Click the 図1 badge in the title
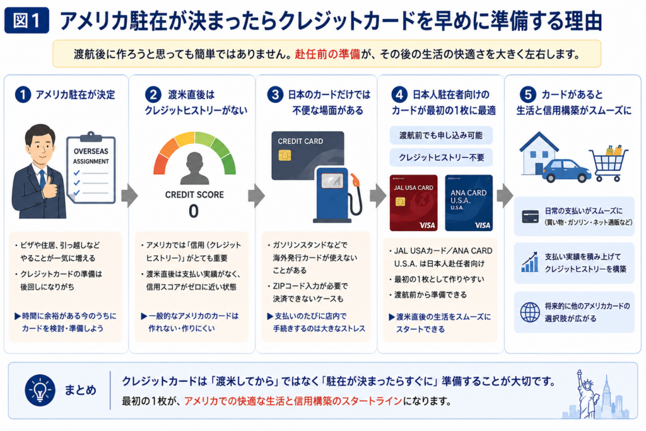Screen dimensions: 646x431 pyautogui.click(x=26, y=20)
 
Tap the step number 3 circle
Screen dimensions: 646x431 pyautogui.click(x=275, y=95)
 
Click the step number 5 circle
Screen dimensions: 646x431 pyautogui.click(x=528, y=95)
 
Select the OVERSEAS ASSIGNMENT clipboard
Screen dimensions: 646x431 pyautogui.click(x=91, y=168)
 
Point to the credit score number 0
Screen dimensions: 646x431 pyautogui.click(x=194, y=211)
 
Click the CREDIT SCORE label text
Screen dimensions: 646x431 pyautogui.click(x=194, y=195)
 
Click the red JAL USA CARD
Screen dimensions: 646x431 pyautogui.click(x=413, y=203)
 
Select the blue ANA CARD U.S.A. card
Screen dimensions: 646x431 pyautogui.click(x=469, y=203)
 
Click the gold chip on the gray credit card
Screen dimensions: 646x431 pyautogui.click(x=285, y=155)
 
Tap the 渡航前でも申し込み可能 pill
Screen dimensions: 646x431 pyautogui.click(x=441, y=135)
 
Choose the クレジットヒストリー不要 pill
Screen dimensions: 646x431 pyautogui.click(x=441, y=157)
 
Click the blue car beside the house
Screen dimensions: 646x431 pyautogui.click(x=566, y=171)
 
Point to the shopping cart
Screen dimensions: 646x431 pyautogui.click(x=609, y=163)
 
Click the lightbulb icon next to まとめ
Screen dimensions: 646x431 pyautogui.click(x=40, y=390)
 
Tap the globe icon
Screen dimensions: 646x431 pyautogui.click(x=530, y=312)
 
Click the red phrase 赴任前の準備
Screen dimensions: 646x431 pyautogui.click(x=327, y=54)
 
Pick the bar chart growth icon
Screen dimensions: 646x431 pyautogui.click(x=530, y=262)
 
